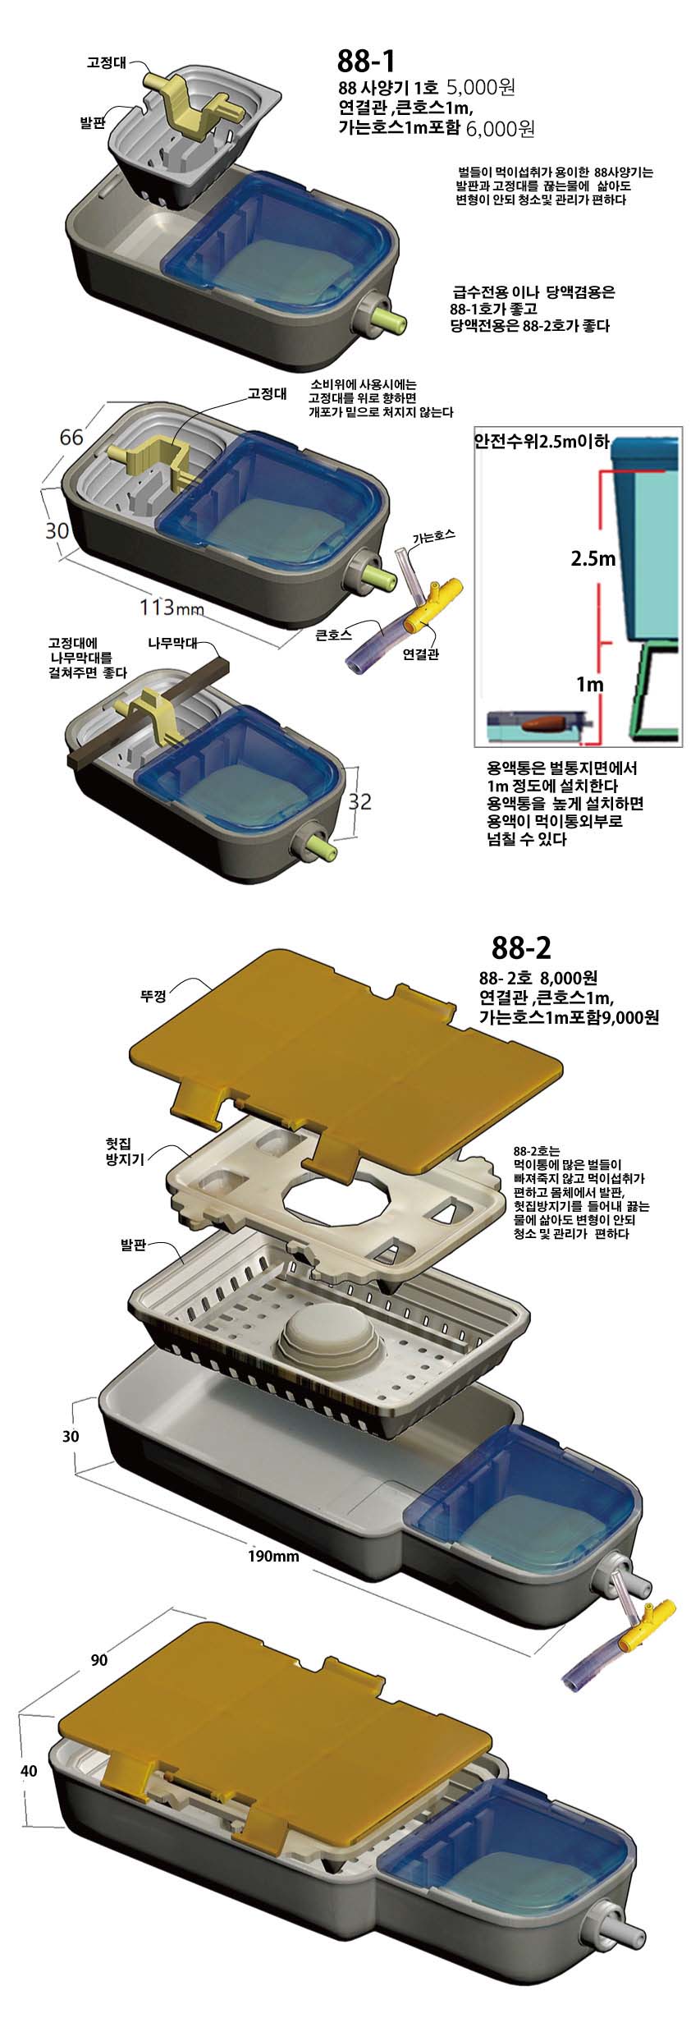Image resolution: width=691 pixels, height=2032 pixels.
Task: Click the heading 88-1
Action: (x=366, y=61)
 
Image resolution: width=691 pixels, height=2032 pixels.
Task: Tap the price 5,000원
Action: (x=480, y=87)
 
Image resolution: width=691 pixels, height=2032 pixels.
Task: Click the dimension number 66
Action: (x=71, y=438)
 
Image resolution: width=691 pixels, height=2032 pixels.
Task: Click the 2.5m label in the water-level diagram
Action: (x=593, y=560)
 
